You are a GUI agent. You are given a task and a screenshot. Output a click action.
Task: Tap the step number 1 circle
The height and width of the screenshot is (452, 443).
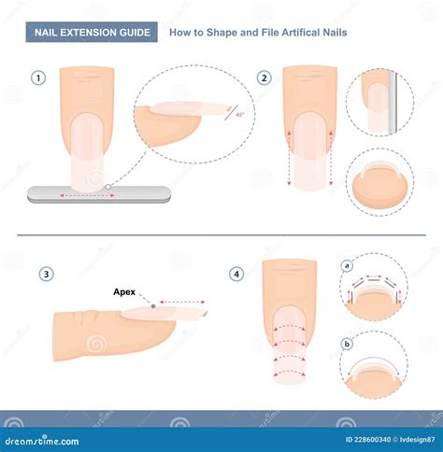[37, 78]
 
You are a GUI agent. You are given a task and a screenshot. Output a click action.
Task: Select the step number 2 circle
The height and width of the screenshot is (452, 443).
[265, 78]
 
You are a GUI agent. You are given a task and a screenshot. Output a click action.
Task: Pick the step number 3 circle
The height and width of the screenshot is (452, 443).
[46, 274]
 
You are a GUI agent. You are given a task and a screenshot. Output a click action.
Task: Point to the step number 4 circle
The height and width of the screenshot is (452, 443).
[237, 274]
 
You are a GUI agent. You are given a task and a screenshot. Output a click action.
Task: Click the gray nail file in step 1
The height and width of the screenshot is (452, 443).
[99, 194]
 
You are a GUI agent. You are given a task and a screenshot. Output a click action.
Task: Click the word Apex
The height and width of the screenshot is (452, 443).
[125, 291]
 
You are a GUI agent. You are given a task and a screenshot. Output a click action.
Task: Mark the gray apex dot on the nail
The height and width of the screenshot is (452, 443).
[153, 305]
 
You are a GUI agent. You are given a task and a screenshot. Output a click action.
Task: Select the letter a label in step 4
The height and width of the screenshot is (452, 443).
[348, 266]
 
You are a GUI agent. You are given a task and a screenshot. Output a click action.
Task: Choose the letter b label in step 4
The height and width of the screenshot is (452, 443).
[348, 345]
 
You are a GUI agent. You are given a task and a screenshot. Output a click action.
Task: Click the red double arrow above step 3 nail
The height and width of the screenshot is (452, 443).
[183, 302]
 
